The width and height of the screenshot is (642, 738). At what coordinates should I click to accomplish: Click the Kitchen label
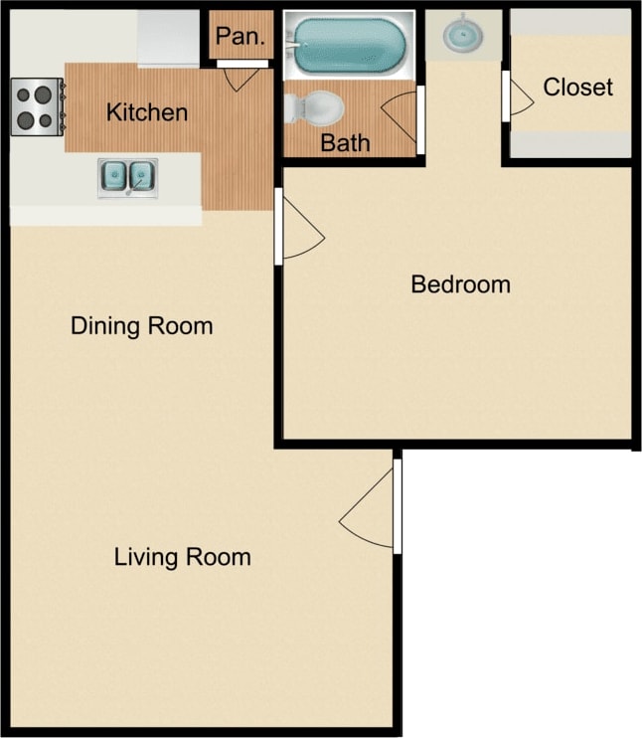147,111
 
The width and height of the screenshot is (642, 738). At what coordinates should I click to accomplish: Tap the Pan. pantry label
238,37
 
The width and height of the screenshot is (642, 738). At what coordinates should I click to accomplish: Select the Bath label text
345,143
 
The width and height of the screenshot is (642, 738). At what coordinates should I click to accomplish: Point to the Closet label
577,88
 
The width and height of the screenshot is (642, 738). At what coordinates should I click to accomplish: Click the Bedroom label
460,284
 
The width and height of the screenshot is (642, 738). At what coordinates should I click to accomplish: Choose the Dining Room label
141,326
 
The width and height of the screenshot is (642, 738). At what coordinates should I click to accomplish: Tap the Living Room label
182,557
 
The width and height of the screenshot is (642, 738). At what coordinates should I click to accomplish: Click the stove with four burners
37,106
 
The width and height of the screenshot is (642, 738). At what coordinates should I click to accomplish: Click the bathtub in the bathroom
350,44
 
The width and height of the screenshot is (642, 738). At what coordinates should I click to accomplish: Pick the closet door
518,97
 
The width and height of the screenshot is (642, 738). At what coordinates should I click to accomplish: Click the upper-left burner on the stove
26,96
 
